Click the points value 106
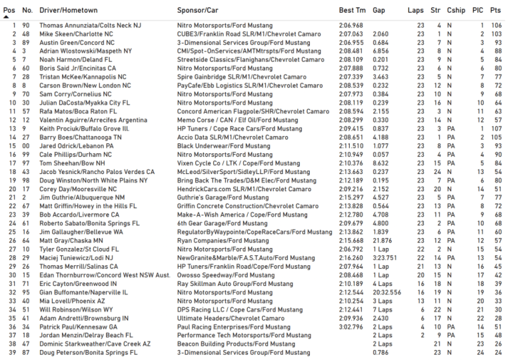tap(496, 25)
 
